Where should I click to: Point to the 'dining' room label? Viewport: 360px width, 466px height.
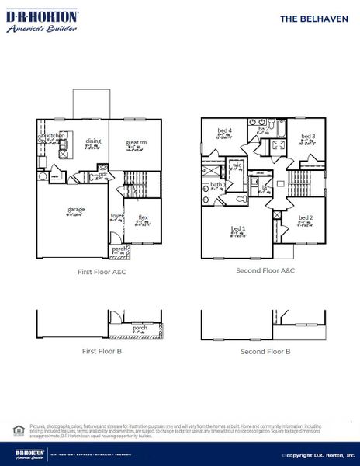point(93,141)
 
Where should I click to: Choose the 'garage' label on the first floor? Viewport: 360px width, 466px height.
point(76,210)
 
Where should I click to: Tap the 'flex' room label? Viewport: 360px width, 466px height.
point(144,217)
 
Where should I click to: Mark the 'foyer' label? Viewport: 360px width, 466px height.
point(116,216)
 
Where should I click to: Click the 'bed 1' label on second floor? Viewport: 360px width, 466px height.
point(238,229)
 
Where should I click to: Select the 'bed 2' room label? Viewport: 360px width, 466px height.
point(306,218)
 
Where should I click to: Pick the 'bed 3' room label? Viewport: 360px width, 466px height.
point(308,137)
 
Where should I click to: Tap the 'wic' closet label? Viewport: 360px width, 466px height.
point(238,165)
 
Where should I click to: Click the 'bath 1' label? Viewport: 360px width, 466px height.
point(218,185)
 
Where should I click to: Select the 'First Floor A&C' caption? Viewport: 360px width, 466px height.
point(101,272)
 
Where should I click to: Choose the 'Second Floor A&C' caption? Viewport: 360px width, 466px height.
point(265,271)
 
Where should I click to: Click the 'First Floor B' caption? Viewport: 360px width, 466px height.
point(102,351)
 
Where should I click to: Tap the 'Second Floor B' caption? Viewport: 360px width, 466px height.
point(265,351)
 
